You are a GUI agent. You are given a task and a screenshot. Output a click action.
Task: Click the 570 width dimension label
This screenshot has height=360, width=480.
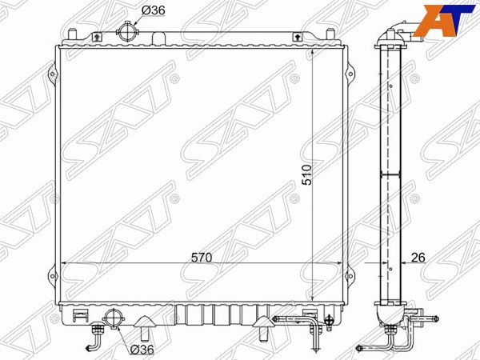pos(201,258)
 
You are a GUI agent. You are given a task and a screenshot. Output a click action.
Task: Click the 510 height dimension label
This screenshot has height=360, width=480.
pos(306,174)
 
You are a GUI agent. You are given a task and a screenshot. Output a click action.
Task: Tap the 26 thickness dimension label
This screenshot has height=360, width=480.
pos(418,258)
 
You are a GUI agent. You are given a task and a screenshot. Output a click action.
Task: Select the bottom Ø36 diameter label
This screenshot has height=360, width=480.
pos(142,349)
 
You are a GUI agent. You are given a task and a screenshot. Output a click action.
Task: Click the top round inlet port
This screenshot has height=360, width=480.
pos(127,31)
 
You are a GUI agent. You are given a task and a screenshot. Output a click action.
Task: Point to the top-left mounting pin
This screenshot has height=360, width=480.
pos(72,34)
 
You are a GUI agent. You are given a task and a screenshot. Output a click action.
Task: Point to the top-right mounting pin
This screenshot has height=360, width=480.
pos(330,34)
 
